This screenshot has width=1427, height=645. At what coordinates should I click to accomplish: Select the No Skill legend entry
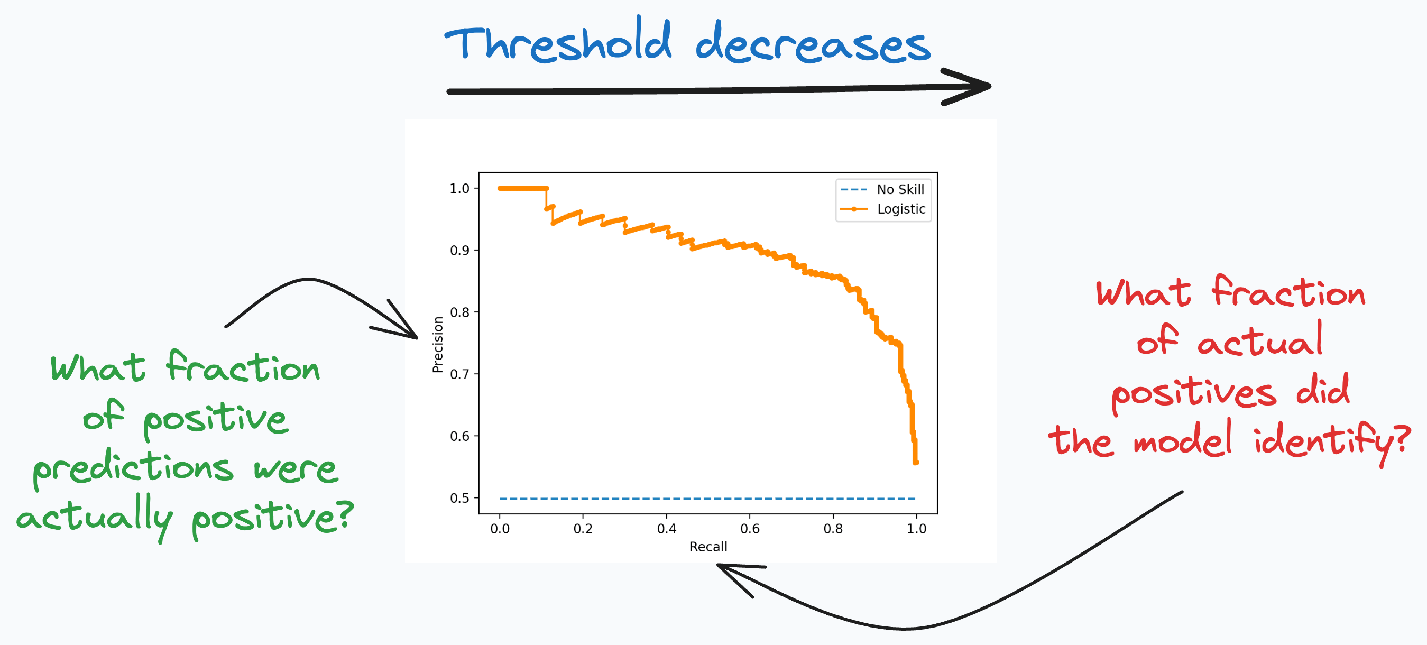tap(900, 189)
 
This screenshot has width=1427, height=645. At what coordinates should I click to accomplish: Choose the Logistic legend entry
tap(901, 209)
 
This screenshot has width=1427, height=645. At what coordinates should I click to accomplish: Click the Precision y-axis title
tap(438, 345)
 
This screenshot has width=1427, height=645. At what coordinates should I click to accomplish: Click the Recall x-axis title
tap(708, 547)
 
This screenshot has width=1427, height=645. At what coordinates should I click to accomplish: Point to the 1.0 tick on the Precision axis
tap(459, 188)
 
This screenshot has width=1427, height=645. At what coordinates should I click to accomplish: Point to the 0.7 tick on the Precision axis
tap(459, 374)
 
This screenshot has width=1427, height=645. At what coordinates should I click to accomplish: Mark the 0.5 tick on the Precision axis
tap(459, 498)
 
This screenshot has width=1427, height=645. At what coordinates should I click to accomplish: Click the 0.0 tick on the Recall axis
tap(500, 529)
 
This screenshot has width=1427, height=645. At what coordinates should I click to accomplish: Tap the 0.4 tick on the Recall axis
tap(666, 529)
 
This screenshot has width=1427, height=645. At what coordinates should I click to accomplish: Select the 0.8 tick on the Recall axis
tap(833, 529)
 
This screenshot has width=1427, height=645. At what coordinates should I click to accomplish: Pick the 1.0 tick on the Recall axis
tap(916, 529)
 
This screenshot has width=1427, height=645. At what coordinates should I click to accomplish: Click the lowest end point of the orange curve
tap(916, 462)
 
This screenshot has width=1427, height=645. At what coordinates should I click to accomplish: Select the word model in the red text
tap(1183, 440)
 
